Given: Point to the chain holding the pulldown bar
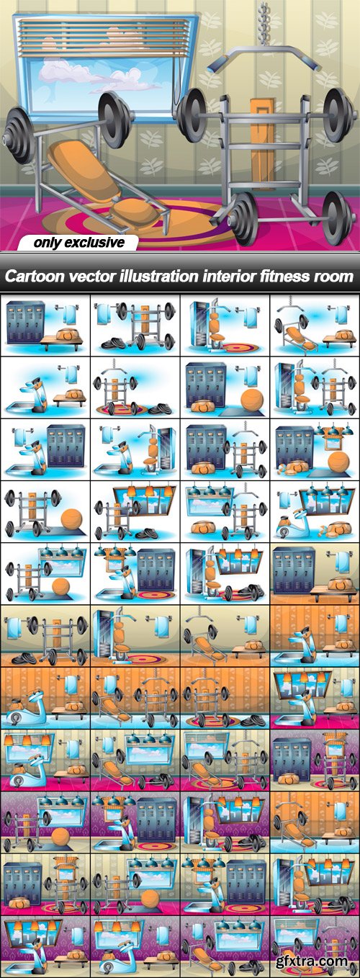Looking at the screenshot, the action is coord(263,23).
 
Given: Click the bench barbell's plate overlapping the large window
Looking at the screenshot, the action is coord(114,118).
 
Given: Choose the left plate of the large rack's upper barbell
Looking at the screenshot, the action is coord(192,115).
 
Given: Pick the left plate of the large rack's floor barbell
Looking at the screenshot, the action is coord(243,218).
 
